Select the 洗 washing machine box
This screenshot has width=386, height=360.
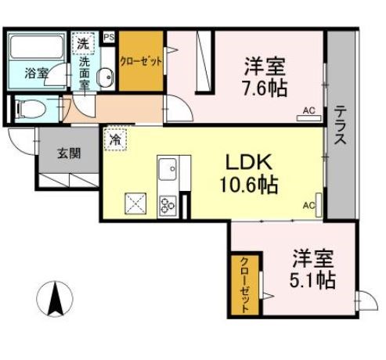(x=82, y=41)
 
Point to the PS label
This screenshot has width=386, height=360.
(x=108, y=36)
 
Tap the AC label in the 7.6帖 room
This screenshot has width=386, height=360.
(x=308, y=112)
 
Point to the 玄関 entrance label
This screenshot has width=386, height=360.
(x=67, y=153)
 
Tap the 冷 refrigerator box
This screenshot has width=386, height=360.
(x=115, y=140)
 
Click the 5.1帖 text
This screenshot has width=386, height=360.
(x=315, y=279)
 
